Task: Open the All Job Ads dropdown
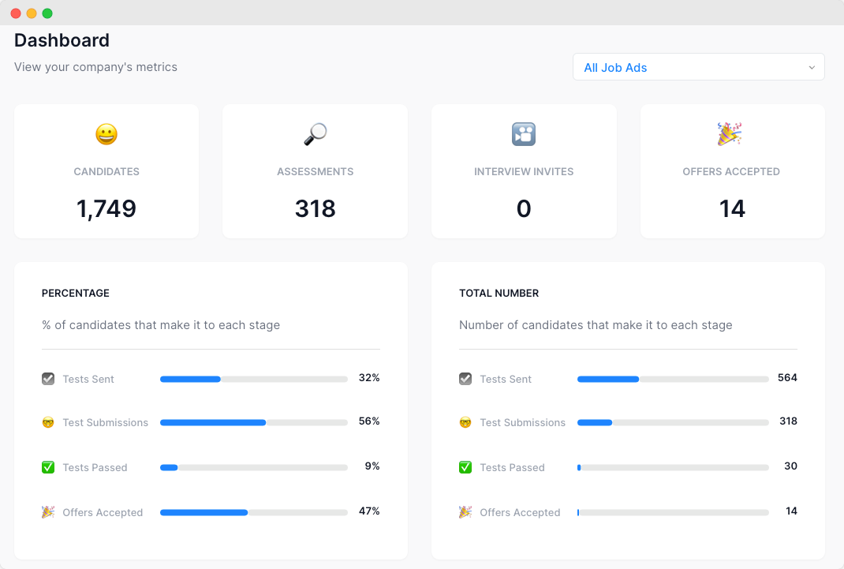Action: click(x=698, y=67)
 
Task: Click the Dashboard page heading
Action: click(x=62, y=40)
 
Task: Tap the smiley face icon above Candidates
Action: click(x=106, y=134)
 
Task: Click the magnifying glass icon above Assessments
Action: click(x=315, y=134)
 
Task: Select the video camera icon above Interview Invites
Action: click(x=524, y=134)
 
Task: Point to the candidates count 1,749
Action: click(x=106, y=208)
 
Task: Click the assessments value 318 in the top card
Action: click(x=315, y=208)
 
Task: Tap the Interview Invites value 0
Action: click(x=524, y=208)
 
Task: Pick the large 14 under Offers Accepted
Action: click(x=732, y=208)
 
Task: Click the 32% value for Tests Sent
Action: click(x=369, y=378)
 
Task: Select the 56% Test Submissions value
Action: click(x=369, y=421)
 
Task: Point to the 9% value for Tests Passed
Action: click(x=372, y=466)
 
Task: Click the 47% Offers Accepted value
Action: click(x=369, y=511)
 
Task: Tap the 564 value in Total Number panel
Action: click(x=787, y=378)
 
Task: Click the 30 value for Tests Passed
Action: click(x=790, y=466)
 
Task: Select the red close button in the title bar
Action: click(x=16, y=13)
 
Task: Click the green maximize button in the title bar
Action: click(x=47, y=13)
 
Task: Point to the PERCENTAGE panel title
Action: click(x=76, y=293)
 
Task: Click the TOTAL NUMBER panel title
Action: click(x=499, y=293)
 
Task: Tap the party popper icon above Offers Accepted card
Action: click(x=729, y=134)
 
